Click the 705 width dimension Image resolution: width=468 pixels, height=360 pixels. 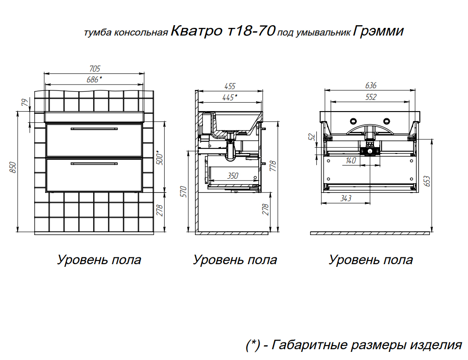pyautogui.click(x=95, y=69)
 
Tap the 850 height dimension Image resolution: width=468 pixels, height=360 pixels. pyautogui.click(x=13, y=168)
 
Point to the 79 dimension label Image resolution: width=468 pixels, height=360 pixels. pyautogui.click(x=26, y=102)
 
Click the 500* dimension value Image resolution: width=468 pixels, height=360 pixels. pyautogui.click(x=160, y=158)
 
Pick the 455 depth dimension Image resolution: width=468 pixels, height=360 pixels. pyautogui.click(x=230, y=86)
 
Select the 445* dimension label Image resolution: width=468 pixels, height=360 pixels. pyautogui.click(x=229, y=97)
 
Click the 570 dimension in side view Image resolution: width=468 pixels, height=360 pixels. pyautogui.click(x=184, y=191)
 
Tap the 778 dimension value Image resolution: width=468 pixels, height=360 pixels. pyautogui.click(x=273, y=166)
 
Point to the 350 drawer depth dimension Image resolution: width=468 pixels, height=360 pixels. pyautogui.click(x=233, y=175)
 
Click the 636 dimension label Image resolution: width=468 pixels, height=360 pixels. pyautogui.click(x=371, y=85)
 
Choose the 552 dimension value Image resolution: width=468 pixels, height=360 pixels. pyautogui.click(x=371, y=97)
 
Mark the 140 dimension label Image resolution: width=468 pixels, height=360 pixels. pyautogui.click(x=351, y=160)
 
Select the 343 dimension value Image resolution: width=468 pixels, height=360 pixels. pyautogui.click(x=346, y=198)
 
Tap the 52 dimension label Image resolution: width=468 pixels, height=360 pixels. pyautogui.click(x=311, y=137)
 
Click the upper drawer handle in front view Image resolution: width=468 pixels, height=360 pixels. pyautogui.click(x=94, y=129)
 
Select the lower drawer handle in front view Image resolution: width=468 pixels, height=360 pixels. pyautogui.click(x=94, y=164)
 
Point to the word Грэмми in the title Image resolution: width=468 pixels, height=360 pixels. pyautogui.click(x=378, y=31)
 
